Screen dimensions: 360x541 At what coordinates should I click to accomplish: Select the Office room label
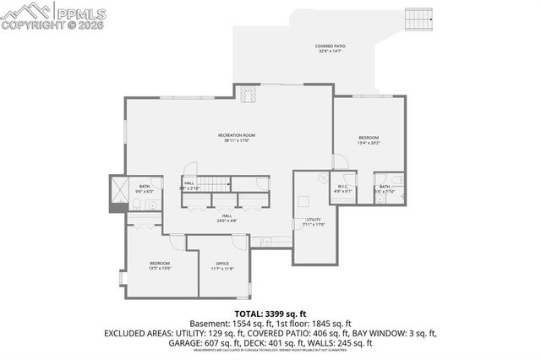222,265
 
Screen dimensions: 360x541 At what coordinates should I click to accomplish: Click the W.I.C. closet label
343,188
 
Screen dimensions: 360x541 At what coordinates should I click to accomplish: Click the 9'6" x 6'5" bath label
145,188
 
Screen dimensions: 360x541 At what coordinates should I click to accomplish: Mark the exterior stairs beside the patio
418,17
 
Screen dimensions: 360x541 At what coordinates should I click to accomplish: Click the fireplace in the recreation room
247,95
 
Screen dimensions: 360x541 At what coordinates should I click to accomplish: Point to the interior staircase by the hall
220,184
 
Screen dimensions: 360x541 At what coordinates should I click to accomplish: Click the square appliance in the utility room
303,201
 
